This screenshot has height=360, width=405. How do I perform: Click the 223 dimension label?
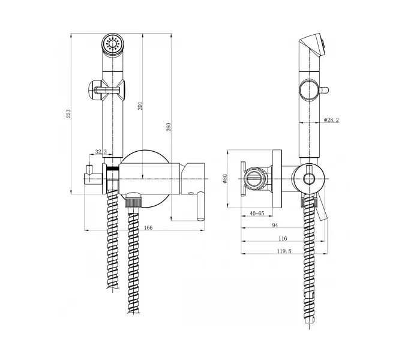coord(68,114)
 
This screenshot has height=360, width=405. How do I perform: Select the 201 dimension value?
coord(140,106)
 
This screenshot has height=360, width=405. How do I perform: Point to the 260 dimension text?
coord(168,127)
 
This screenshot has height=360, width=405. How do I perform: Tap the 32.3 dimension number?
coord(101,152)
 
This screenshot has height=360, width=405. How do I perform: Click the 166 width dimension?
coord(148,227)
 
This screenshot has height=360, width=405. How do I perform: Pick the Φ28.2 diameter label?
coord(331,120)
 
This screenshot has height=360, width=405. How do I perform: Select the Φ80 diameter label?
coord(225,179)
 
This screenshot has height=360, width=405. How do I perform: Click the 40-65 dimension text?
coord(257,214)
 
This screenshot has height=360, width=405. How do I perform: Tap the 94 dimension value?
coord(275,225)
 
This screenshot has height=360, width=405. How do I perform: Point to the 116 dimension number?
coord(283,238)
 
